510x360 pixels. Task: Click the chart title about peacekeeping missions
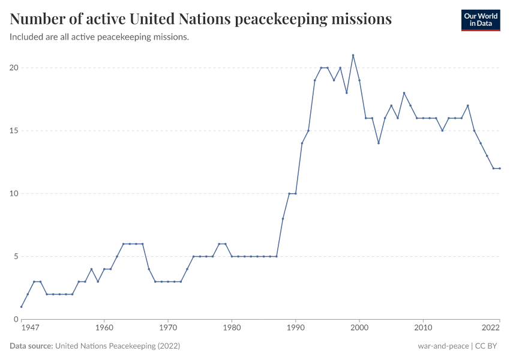(x=201, y=19)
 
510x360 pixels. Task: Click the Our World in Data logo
(x=480, y=20)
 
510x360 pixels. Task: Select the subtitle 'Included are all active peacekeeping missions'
(x=100, y=37)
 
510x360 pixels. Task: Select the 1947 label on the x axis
(x=29, y=328)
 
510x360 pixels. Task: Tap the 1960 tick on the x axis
(x=104, y=328)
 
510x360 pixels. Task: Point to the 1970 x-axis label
(x=168, y=328)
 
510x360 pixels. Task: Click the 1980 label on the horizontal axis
(x=232, y=328)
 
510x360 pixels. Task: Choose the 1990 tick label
(x=295, y=328)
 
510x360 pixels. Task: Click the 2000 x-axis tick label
(x=359, y=328)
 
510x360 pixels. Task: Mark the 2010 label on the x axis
(x=423, y=328)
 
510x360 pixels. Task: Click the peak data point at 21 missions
(x=353, y=55)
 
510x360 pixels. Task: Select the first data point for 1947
(x=22, y=307)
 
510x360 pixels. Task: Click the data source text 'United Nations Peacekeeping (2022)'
(x=118, y=346)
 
